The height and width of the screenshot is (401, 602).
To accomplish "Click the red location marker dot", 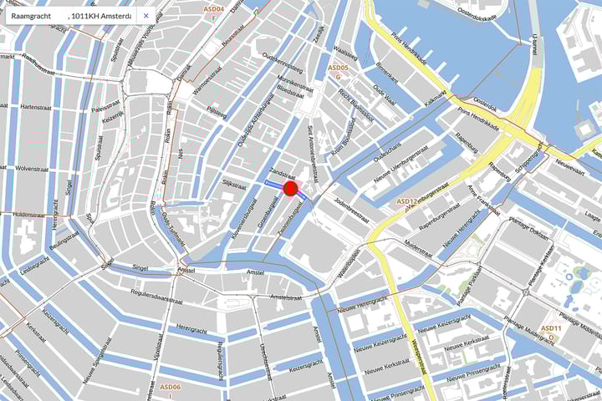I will (291, 188).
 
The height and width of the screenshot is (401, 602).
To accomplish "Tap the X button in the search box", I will (146, 15).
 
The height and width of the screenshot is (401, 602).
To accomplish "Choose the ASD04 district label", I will (214, 9).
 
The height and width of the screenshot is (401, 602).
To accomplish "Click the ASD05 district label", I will (338, 67).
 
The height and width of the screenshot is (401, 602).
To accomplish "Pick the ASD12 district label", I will (406, 201).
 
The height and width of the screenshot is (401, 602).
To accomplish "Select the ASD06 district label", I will (171, 387).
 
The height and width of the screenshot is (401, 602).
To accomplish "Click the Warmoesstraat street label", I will (205, 84).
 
